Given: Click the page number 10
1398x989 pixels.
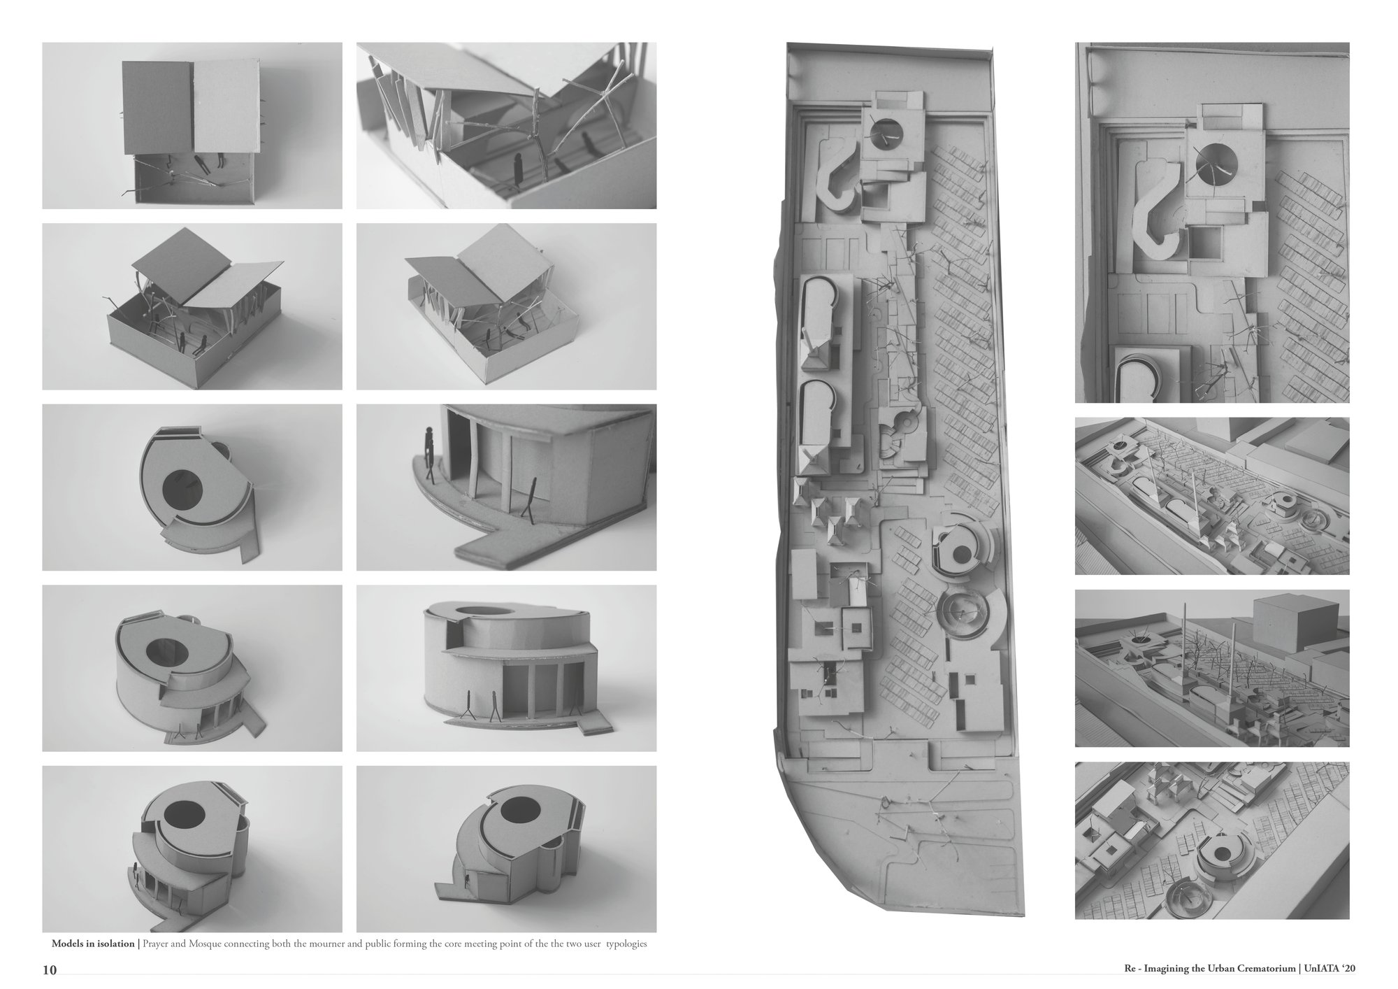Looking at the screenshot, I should click(49, 969).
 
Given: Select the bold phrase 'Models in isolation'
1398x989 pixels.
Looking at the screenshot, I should click(93, 944).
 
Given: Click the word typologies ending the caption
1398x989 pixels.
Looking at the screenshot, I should click(626, 944).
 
